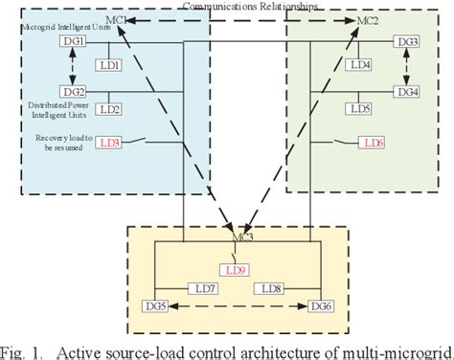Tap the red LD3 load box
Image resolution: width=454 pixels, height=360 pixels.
click(x=109, y=143)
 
